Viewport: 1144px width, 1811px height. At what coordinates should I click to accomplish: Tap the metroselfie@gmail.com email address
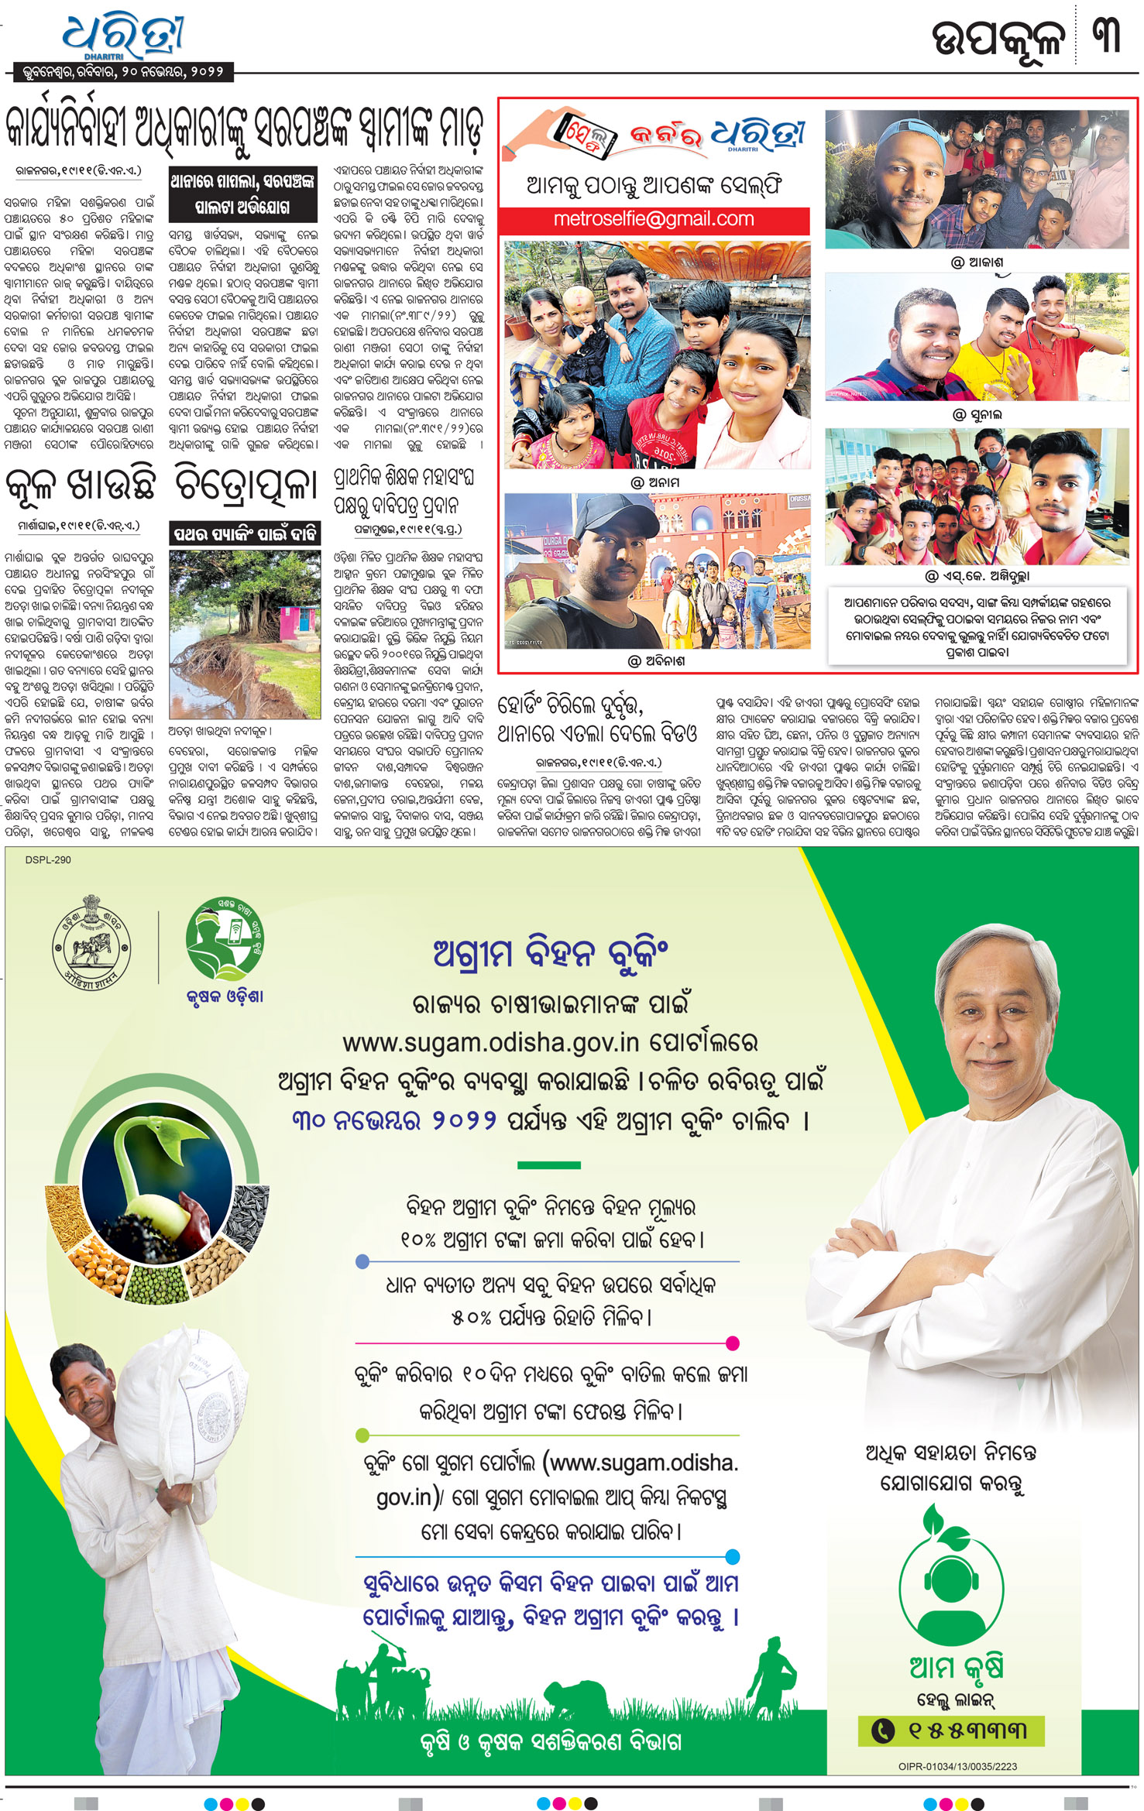tap(653, 219)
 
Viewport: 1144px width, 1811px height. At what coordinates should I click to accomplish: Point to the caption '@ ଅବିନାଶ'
tap(655, 661)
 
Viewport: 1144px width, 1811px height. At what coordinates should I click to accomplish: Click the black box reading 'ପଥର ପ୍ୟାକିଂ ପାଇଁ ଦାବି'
tap(245, 533)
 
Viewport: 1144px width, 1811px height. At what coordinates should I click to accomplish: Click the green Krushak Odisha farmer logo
tap(224, 938)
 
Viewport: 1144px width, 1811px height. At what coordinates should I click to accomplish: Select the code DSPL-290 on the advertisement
tap(48, 859)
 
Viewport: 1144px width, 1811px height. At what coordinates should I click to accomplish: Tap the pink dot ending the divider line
tap(732, 1343)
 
